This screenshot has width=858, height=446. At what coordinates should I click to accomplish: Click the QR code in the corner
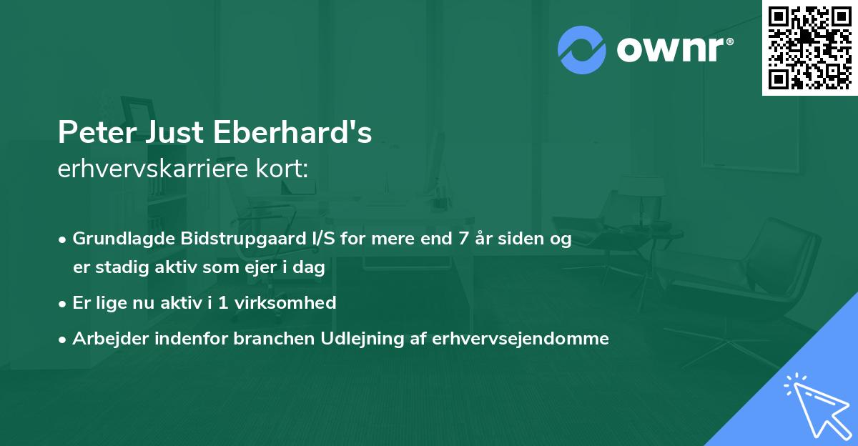click(809, 47)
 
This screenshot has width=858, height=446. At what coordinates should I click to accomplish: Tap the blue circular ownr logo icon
click(581, 50)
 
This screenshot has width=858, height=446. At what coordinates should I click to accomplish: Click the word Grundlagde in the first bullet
click(117, 239)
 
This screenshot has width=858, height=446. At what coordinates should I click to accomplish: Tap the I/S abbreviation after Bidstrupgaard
click(314, 239)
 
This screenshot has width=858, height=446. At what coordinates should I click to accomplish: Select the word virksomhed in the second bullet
click(291, 303)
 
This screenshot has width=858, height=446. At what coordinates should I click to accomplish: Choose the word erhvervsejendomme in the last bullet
click(521, 339)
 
